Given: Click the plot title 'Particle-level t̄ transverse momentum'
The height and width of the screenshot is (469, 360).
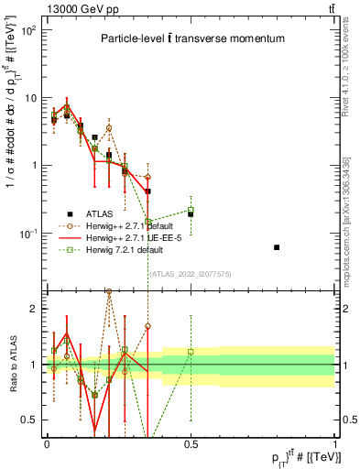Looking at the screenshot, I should [x=192, y=38].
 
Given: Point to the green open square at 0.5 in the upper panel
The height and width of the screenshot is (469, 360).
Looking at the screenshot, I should [x=191, y=211].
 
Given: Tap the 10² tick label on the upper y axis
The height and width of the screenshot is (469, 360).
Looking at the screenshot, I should [x=27, y=30].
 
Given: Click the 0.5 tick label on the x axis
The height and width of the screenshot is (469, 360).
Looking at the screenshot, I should [x=190, y=443].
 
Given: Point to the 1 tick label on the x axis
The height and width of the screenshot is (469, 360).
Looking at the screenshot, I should [x=334, y=443].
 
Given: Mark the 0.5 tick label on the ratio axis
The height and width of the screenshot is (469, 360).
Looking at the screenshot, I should [x=31, y=420].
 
